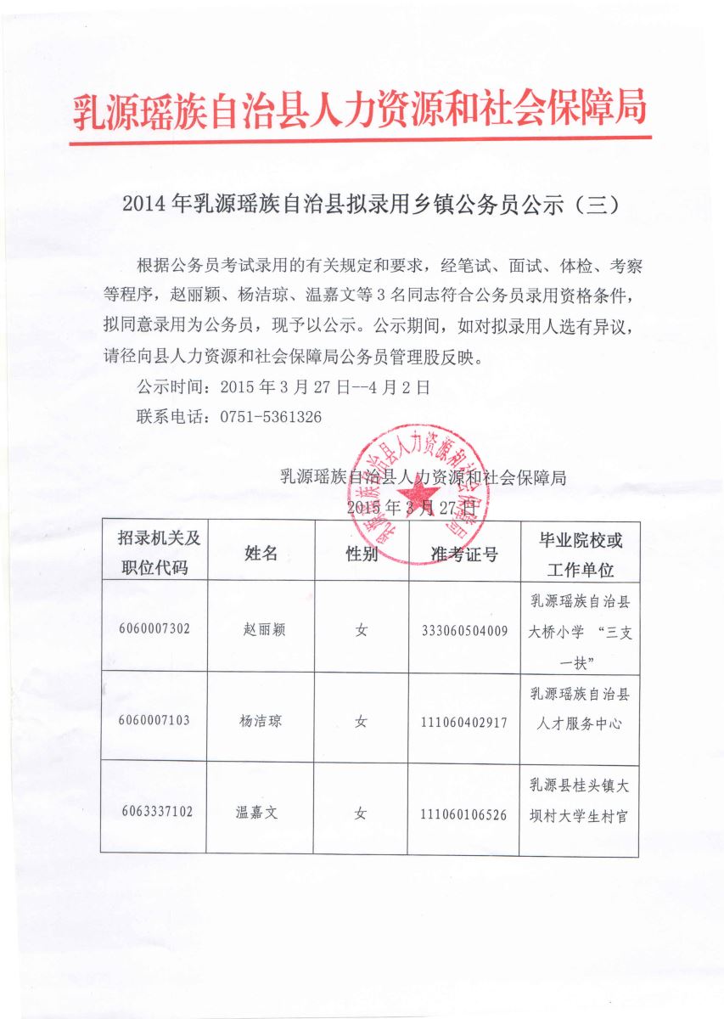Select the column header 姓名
[261, 554]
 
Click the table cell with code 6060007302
[154, 629]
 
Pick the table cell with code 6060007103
[154, 721]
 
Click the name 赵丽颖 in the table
[261, 630]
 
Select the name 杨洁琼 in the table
[261, 722]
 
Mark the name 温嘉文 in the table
[257, 813]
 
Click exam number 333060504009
[464, 631]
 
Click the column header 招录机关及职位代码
[154, 553]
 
